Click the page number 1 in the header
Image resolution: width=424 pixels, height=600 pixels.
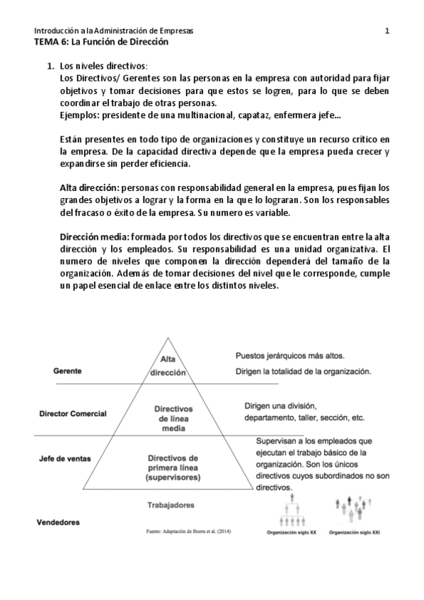[x=387, y=31]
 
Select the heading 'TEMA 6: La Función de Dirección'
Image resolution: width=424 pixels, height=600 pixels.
[x=101, y=42]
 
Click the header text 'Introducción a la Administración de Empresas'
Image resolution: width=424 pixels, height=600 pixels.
[x=113, y=31]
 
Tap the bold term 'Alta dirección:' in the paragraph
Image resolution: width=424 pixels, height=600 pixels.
[x=88, y=188]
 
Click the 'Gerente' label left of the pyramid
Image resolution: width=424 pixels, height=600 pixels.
[x=68, y=371]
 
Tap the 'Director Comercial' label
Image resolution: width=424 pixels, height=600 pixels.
[x=73, y=412]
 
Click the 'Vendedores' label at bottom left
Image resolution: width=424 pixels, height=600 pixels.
[x=58, y=522]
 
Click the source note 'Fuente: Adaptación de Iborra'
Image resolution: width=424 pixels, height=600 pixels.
[x=188, y=530]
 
